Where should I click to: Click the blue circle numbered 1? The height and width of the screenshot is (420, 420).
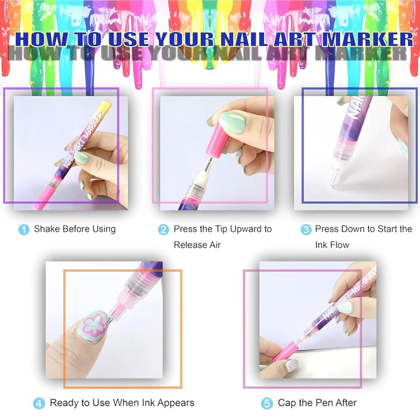pos(24,229)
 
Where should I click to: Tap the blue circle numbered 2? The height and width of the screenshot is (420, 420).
pos(164,229)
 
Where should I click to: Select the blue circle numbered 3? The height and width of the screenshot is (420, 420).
pos(306,229)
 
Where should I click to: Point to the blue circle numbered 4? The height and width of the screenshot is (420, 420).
pos(39,404)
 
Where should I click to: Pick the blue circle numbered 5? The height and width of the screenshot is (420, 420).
pos(267,404)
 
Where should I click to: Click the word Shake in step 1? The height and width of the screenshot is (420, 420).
pos(47,229)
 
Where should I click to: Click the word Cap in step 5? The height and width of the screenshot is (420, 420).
pos(287,403)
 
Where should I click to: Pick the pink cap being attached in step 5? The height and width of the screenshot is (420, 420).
pos(283,352)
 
